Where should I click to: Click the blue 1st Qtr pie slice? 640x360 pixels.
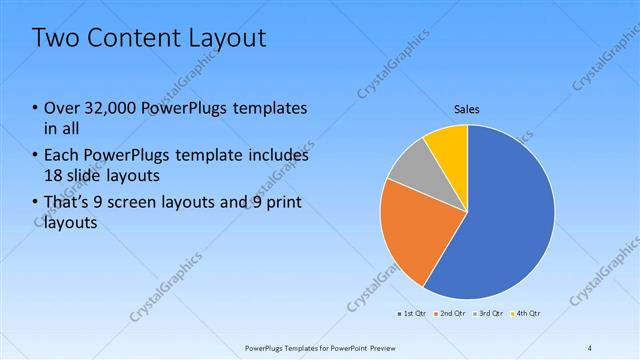pyautogui.click(x=510, y=220)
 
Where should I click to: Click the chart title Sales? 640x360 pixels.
pyautogui.click(x=467, y=108)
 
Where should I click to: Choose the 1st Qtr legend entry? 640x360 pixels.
pyautogui.click(x=411, y=314)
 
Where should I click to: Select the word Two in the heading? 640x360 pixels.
pyautogui.click(x=54, y=38)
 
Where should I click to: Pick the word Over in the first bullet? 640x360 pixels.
pyautogui.click(x=62, y=108)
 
